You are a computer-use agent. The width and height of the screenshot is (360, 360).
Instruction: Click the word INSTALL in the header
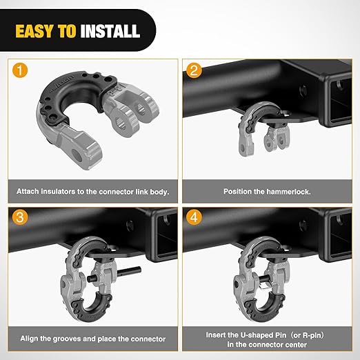pos(110,31)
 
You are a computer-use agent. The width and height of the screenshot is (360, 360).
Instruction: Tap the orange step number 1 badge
pos(20,71)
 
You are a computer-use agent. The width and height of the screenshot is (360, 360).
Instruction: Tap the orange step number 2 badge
pos(195,71)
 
